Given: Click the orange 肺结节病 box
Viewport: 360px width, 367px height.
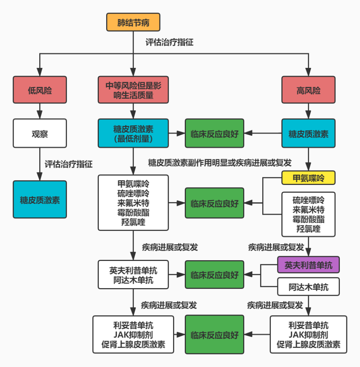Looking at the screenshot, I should pos(133,22).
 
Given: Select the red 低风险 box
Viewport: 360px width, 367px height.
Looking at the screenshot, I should pos(40,90).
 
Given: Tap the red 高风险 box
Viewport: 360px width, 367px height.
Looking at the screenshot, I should pos(308,90).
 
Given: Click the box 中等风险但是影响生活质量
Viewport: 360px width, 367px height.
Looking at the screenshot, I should pos(133,90).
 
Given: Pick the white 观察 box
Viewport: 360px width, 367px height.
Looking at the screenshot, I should pos(40,134).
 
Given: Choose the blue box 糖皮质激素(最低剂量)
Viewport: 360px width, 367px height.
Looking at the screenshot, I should pos(133,134).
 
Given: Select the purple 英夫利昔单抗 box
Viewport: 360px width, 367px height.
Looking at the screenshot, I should pos(308,265).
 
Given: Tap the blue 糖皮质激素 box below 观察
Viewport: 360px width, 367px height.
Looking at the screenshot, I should pos(40,200).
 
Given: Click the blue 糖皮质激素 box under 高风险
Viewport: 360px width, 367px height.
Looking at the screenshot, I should pos(308,134).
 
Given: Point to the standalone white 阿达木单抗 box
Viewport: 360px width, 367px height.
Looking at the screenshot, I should pos(308,287).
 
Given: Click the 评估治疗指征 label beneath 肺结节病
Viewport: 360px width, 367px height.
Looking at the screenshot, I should pos(169,42).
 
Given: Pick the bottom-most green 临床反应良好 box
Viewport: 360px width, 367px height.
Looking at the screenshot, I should pos(214,334).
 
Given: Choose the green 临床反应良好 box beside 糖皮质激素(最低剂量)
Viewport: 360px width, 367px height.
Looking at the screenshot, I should pos(214,134).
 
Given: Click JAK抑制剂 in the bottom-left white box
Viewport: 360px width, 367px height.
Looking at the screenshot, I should pos(133,334).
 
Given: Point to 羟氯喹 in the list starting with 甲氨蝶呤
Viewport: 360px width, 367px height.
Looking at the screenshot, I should pos(133,221).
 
